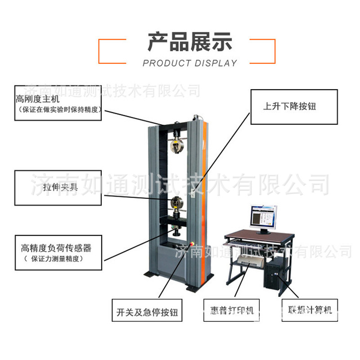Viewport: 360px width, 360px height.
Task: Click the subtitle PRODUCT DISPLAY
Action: tap(189, 63)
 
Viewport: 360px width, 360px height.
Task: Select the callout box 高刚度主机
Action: tap(58, 103)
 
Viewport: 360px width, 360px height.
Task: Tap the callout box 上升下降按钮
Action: tap(293, 107)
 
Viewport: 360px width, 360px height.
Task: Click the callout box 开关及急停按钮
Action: tap(147, 310)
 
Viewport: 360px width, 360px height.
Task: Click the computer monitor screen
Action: tap(263, 216)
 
